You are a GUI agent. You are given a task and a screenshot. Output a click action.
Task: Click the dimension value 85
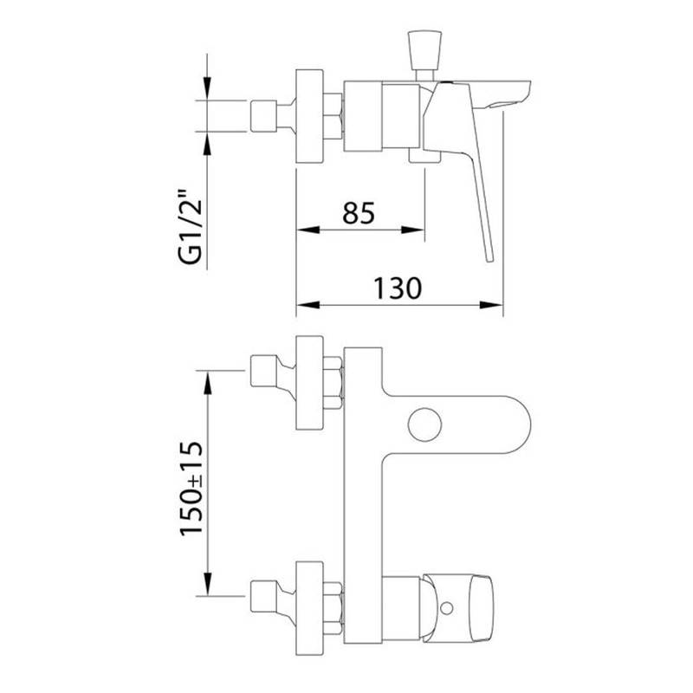(359, 213)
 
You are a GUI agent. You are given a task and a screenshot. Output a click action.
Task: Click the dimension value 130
(398, 288)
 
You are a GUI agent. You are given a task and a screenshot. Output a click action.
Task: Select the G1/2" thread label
(191, 226)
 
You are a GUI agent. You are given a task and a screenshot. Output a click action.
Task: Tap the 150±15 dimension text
(191, 489)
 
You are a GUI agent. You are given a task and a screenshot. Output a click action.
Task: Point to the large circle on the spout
(424, 424)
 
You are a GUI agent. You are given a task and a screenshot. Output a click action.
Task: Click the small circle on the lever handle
(447, 608)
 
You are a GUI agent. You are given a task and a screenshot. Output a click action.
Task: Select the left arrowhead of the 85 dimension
(308, 230)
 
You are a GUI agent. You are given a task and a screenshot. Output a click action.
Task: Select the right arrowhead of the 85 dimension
(413, 230)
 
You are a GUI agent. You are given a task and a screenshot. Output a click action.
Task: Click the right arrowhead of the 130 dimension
(491, 305)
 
